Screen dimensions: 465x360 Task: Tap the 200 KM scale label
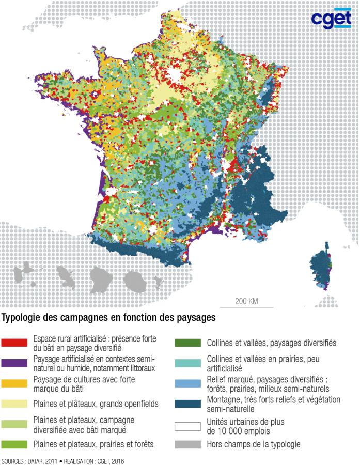(246, 301)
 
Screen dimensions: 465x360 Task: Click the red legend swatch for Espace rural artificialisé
(14, 343)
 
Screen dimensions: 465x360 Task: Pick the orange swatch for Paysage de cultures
(14, 383)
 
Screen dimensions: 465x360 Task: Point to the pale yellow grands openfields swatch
(14, 404)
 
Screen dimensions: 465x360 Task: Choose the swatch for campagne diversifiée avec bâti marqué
(14, 424)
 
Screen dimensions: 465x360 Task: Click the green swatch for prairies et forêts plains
(14, 443)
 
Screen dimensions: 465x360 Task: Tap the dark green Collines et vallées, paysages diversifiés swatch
(187, 343)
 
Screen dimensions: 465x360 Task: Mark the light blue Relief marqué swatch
(187, 383)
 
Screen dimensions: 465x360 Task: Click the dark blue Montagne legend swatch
(187, 404)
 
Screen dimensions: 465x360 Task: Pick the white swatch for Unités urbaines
(187, 427)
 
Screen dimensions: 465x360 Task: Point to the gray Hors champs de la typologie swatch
(187, 443)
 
